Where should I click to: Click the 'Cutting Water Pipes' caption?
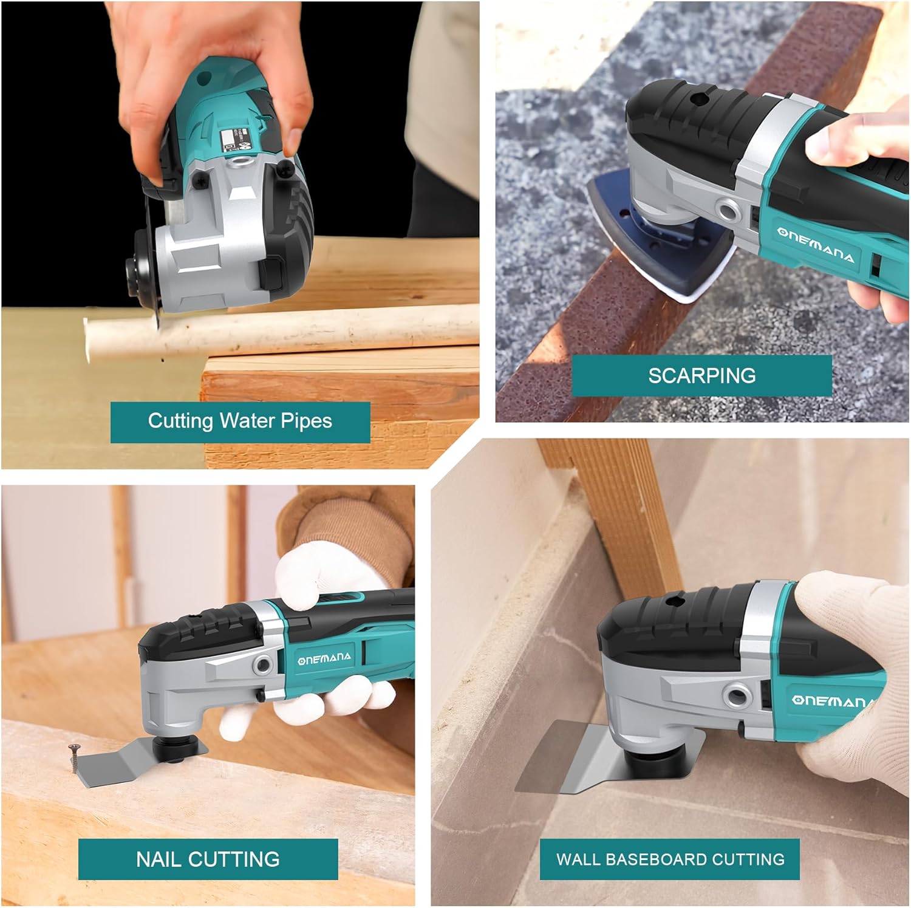pos(240,422)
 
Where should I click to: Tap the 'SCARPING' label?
pos(701,376)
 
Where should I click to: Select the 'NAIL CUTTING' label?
pos(208,859)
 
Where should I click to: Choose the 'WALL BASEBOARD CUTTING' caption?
pos(670,859)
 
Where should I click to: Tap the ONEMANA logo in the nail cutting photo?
pos(324,658)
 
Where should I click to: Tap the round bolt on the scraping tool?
pos(727,210)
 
